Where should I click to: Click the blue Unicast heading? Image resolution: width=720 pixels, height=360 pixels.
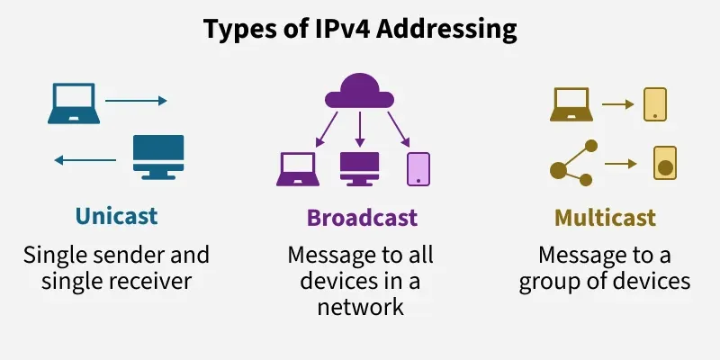click(116, 217)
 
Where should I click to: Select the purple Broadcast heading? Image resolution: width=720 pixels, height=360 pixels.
click(362, 218)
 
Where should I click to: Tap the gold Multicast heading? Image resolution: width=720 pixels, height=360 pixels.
click(605, 218)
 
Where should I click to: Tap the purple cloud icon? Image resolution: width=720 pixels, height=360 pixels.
click(361, 91)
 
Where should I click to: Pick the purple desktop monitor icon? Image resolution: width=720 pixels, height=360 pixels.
click(360, 167)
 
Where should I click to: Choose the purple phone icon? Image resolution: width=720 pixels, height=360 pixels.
click(418, 168)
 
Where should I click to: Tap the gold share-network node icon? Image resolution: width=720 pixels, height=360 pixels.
click(572, 163)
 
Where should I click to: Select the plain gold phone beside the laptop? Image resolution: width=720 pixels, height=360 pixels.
click(654, 104)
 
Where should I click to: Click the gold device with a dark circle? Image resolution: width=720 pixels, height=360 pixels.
click(664, 163)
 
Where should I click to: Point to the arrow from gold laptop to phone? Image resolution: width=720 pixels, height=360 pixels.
click(618, 104)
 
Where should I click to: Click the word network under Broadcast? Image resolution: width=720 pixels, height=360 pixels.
click(360, 307)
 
